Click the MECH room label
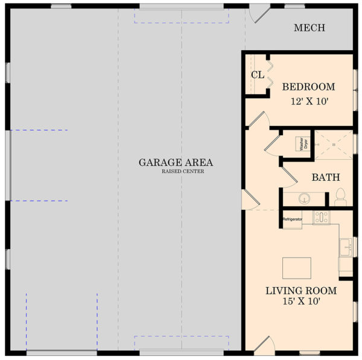coord(310,28)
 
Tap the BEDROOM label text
coord(308,87)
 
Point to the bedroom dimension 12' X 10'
coord(308,101)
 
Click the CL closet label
coord(256,75)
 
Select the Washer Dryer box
coord(301,144)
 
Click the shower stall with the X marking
coord(332,145)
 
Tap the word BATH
coord(325,178)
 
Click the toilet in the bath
coord(340,197)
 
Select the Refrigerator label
coord(292,219)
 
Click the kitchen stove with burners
coord(320,217)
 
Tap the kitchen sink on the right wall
coord(345,247)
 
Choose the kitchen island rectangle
coord(297,268)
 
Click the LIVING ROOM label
coord(301,291)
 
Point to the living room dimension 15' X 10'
coord(301,301)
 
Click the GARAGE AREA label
coord(176,162)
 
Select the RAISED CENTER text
coord(182,172)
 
